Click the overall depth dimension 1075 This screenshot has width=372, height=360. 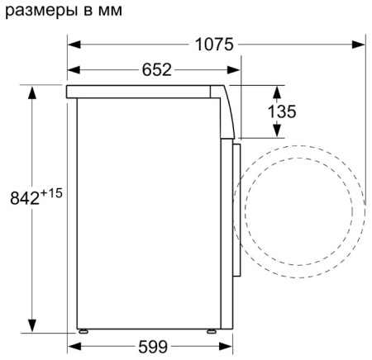(x=216, y=44)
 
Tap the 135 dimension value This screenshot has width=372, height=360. (x=282, y=111)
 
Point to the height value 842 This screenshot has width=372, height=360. (x=23, y=197)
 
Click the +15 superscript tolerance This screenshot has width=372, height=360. (x=53, y=192)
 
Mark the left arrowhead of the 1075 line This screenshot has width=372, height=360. (x=73, y=44)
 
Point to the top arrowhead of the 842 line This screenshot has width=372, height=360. (x=32, y=89)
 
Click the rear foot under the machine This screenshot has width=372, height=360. (x=83, y=332)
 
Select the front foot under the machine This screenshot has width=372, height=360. (x=212, y=332)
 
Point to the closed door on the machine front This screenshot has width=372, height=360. (x=236, y=211)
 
